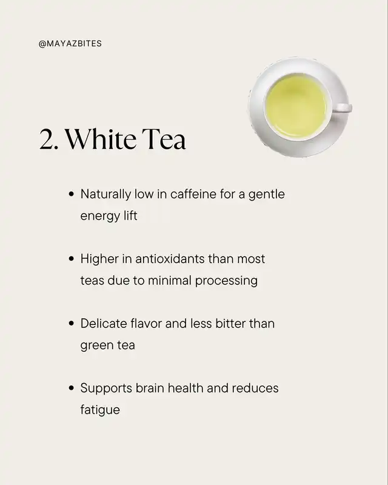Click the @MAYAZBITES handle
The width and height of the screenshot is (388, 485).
click(70, 44)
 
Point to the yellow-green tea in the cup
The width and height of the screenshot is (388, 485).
click(296, 106)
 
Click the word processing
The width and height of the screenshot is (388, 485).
click(227, 281)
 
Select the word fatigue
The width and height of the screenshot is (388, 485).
click(100, 410)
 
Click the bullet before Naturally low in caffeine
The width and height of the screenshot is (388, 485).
click(72, 194)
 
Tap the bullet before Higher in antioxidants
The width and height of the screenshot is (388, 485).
click(72, 259)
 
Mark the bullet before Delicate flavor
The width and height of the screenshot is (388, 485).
click(72, 323)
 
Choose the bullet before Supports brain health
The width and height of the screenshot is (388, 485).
click(72, 388)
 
